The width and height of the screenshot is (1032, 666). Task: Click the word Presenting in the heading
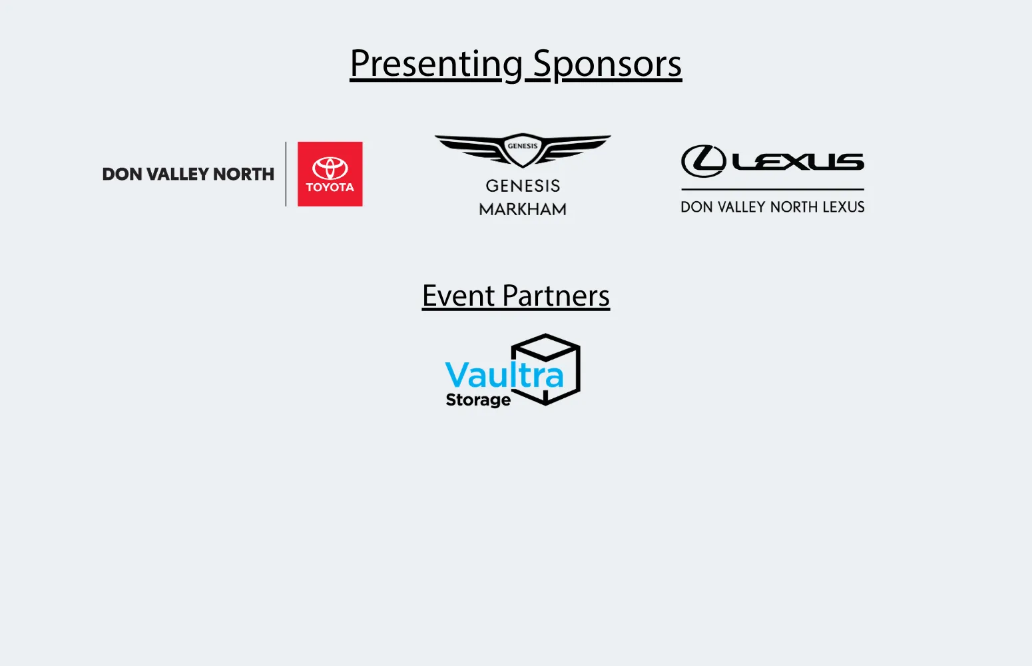[x=436, y=64]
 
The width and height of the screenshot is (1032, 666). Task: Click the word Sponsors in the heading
[x=607, y=64]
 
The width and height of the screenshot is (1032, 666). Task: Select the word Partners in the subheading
[x=556, y=296]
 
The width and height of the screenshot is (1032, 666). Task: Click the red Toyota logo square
[x=330, y=174]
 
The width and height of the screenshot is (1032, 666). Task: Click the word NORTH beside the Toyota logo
[x=244, y=174]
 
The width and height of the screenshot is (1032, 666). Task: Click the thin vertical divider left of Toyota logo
[x=286, y=174]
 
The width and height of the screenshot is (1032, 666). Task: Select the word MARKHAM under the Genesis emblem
[x=523, y=209]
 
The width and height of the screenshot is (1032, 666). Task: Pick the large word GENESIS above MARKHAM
[x=523, y=186]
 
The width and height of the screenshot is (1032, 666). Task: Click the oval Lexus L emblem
[x=704, y=161]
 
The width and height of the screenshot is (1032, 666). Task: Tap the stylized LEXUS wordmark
[x=798, y=162]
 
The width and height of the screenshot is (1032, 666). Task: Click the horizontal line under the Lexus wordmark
[x=772, y=189]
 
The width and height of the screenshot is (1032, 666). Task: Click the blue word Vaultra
[x=505, y=375]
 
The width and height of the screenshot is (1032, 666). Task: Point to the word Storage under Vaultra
[x=478, y=400]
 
